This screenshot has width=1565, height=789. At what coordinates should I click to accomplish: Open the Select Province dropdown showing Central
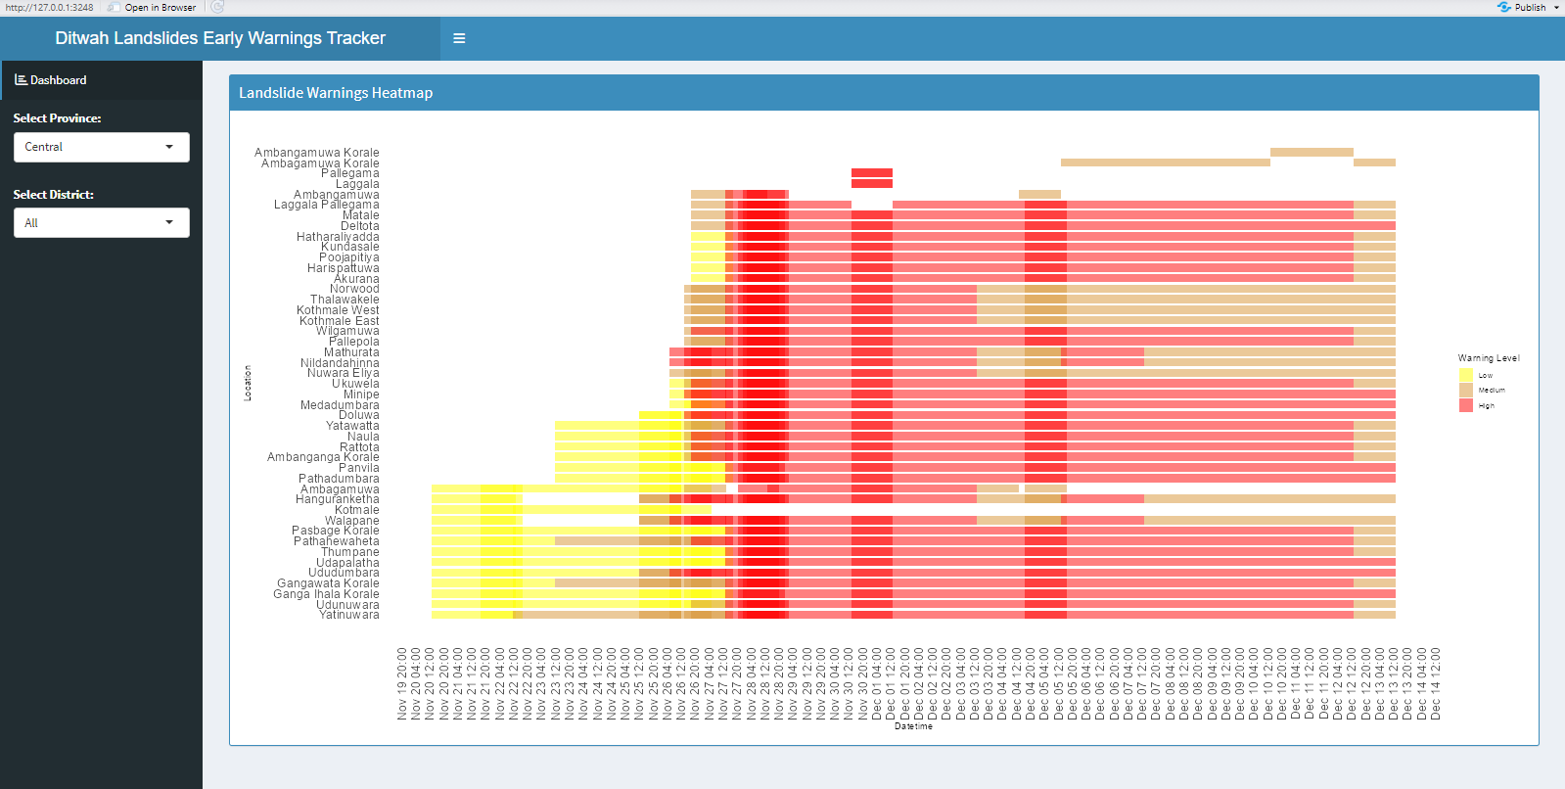(x=101, y=147)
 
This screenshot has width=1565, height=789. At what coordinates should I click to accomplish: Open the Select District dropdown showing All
(x=101, y=223)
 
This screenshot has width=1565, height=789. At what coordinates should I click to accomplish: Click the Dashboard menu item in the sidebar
(x=58, y=80)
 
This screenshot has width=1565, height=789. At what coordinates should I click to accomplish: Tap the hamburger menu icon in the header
(x=459, y=39)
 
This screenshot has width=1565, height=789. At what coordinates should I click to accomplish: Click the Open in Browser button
(x=160, y=8)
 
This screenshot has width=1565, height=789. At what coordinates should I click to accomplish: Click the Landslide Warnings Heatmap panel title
(x=336, y=93)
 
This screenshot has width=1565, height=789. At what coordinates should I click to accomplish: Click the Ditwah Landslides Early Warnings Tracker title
(x=220, y=38)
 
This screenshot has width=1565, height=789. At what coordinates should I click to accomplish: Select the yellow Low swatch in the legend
(x=1466, y=375)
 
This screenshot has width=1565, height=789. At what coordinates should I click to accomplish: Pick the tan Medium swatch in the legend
(x=1466, y=390)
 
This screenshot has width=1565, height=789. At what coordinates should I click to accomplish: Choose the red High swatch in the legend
(x=1466, y=405)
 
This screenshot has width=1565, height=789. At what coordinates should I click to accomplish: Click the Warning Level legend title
(x=1488, y=358)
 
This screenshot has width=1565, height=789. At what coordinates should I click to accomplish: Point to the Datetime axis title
(x=913, y=726)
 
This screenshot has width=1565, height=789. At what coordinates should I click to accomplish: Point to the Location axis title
(x=248, y=383)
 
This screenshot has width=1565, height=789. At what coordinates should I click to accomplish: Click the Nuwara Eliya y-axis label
(x=343, y=373)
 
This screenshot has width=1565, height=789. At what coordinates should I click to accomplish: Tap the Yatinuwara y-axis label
(x=348, y=615)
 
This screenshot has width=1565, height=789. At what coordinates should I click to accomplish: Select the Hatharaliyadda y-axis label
(x=338, y=237)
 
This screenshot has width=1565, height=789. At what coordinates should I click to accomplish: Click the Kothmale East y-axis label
(x=339, y=321)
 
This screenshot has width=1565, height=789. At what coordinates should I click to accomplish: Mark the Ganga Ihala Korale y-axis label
(x=326, y=594)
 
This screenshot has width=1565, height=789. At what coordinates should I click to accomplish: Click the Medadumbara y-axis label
(x=340, y=405)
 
